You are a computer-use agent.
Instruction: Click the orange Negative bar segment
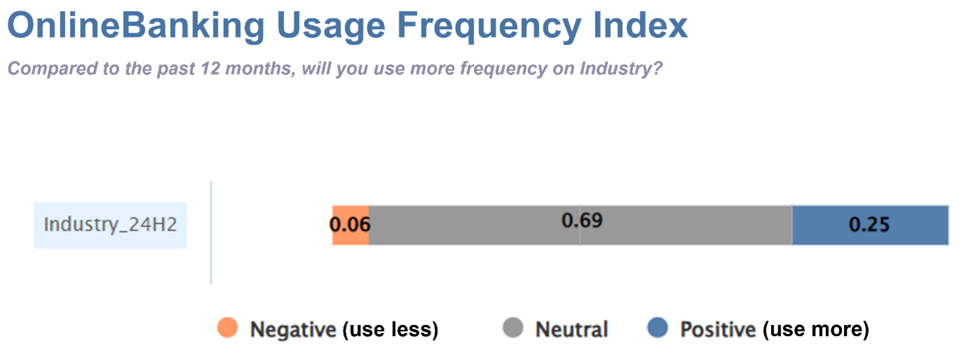(x=351, y=225)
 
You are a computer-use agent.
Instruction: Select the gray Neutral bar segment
(x=580, y=225)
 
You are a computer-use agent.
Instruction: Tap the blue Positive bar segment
(x=871, y=225)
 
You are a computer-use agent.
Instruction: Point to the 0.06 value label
(x=350, y=225)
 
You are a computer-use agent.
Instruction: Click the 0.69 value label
(x=582, y=221)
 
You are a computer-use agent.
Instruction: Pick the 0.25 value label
(x=869, y=225)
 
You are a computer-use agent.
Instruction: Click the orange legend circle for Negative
(x=227, y=328)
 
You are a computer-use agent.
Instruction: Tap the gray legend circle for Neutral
(x=513, y=328)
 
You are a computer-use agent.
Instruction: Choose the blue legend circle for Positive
(x=657, y=328)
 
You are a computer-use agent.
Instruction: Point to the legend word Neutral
(x=572, y=329)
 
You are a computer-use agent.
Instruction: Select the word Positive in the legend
(x=718, y=329)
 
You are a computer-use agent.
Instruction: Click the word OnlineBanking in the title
(x=136, y=25)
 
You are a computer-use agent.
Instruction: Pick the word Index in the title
(x=640, y=25)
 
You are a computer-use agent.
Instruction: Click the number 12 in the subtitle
(x=211, y=68)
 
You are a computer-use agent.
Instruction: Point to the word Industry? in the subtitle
(x=621, y=69)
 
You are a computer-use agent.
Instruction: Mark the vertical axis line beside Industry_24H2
(x=211, y=232)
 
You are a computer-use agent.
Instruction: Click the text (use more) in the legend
(x=816, y=330)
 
